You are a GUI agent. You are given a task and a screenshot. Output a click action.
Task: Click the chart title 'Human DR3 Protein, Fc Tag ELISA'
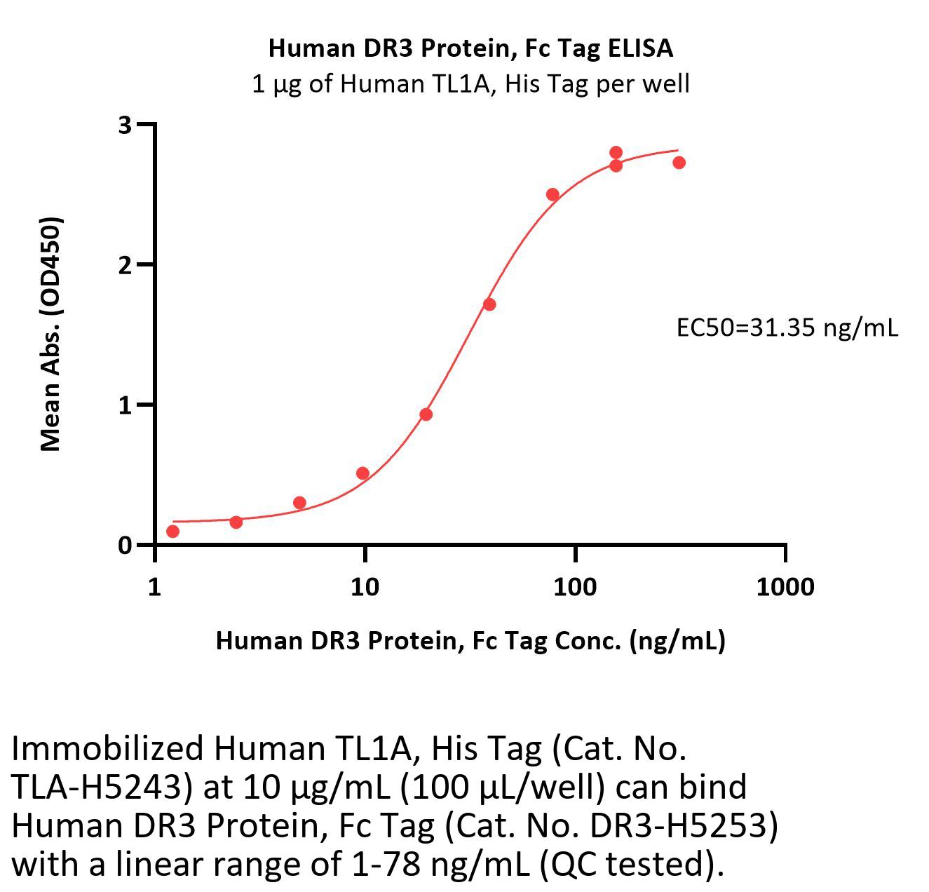[470, 48]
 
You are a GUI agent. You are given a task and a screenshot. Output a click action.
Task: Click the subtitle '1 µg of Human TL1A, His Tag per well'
[470, 84]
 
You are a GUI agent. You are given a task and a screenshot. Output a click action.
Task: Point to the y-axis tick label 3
[125, 125]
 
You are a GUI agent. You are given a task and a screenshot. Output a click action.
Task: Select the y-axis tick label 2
[125, 265]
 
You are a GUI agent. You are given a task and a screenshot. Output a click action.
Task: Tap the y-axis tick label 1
[125, 405]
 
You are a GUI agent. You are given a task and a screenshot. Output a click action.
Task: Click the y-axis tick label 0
[125, 546]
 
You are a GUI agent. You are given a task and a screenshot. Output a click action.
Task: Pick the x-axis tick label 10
[365, 586]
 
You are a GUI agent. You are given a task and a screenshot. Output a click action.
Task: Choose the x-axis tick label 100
[575, 586]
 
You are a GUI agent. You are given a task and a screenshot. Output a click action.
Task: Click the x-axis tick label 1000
[785, 586]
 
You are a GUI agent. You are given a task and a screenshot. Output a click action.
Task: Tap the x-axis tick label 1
[155, 586]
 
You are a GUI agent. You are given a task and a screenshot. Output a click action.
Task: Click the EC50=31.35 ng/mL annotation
[787, 327]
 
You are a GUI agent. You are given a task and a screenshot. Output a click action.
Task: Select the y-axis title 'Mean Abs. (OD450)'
[51, 334]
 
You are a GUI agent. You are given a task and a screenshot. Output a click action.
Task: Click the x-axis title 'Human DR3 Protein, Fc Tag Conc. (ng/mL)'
[470, 640]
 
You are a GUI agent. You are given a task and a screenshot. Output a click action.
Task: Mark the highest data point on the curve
[616, 153]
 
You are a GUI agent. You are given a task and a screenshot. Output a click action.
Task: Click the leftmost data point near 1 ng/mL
[172, 532]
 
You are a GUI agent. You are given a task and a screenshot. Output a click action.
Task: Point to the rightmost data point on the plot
[679, 163]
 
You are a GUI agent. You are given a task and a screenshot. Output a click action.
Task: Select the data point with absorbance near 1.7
[489, 304]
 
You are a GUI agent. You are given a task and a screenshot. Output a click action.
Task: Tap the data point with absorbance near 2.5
[552, 195]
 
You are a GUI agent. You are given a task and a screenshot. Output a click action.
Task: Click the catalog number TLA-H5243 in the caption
[102, 788]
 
